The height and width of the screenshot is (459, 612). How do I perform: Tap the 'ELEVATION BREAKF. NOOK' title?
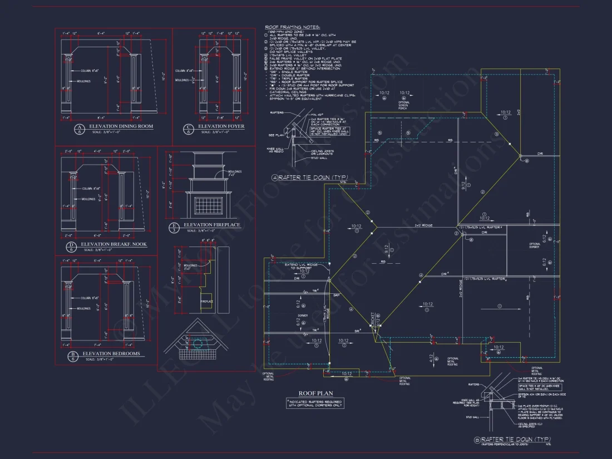coord(113,244)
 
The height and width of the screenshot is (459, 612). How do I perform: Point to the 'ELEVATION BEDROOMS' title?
coord(111,354)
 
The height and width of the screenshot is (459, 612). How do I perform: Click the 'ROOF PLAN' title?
coord(315,393)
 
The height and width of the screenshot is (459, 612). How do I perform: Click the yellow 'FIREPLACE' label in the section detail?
coord(206,301)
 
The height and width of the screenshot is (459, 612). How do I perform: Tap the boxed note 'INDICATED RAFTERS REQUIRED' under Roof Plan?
coord(315,403)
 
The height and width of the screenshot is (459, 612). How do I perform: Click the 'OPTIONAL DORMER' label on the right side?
coord(534,245)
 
